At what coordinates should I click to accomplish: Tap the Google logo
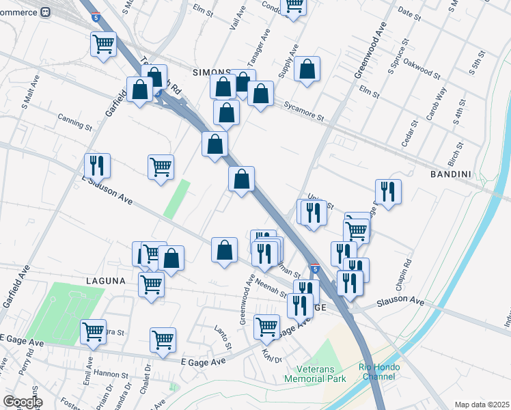click(23, 402)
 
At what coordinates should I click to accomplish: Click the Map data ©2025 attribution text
click(482, 405)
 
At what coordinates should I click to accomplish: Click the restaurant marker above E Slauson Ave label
click(97, 165)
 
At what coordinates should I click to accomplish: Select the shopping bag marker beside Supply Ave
click(307, 70)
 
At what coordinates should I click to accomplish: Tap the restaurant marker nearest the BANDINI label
click(388, 191)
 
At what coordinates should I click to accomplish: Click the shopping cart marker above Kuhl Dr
click(266, 326)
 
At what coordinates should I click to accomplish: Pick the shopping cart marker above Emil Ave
click(94, 332)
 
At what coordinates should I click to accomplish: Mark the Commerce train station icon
click(46, 12)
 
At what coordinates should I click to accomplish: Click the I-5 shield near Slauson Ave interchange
click(315, 269)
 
